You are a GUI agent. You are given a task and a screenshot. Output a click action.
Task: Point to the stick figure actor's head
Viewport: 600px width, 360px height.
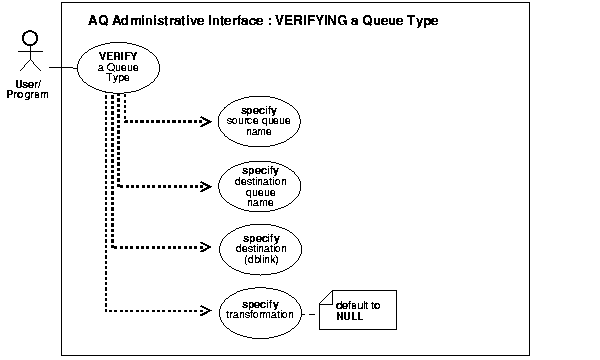click(29, 39)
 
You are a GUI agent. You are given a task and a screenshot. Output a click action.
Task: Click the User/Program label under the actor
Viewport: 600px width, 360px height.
click(28, 87)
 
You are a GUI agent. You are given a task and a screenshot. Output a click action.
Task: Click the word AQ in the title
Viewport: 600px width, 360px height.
click(99, 20)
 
